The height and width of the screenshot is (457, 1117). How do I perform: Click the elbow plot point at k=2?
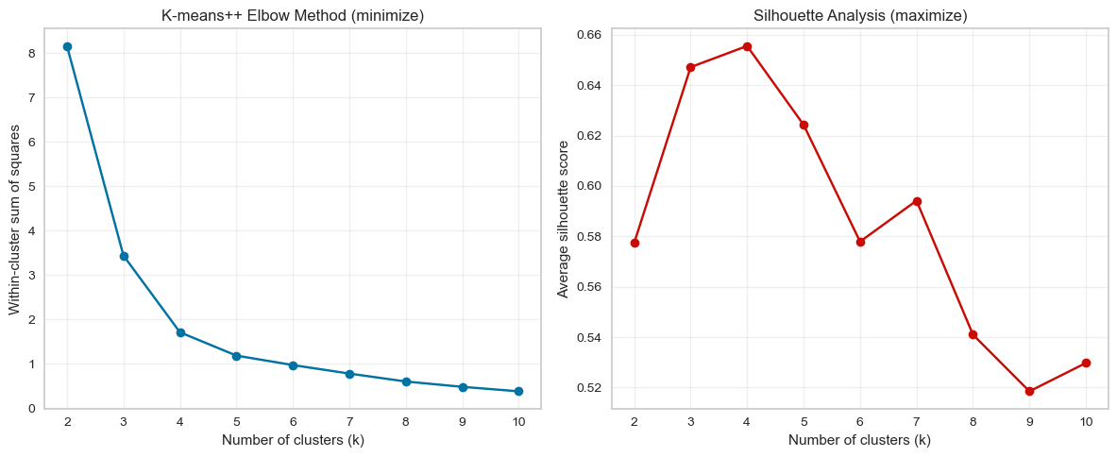click(67, 46)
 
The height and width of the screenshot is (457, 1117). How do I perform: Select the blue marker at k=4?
click(180, 332)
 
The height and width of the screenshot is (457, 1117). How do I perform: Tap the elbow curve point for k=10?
click(519, 391)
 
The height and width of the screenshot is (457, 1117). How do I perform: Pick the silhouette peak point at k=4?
click(747, 46)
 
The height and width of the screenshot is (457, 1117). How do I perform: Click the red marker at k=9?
click(1029, 391)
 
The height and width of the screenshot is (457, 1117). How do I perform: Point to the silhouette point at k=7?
click(917, 201)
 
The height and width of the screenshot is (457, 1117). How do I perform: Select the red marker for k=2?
click(635, 243)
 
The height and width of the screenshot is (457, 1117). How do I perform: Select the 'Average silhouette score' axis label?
click(563, 218)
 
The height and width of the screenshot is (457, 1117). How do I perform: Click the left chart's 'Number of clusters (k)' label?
click(293, 440)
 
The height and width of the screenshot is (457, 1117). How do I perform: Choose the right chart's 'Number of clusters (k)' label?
click(859, 440)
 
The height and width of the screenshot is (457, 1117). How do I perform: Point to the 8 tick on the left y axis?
click(31, 54)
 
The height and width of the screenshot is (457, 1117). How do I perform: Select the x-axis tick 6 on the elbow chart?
click(294, 421)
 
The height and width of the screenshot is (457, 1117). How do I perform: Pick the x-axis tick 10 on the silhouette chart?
click(1086, 421)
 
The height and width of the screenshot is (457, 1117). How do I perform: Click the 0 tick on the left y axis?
click(31, 409)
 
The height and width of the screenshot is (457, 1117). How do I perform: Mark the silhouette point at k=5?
click(804, 125)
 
